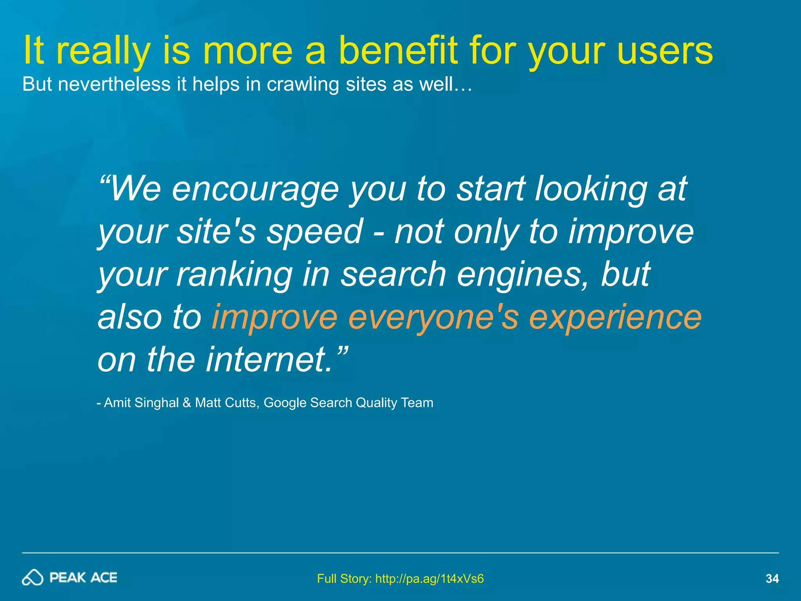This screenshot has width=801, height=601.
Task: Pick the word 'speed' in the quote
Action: click(x=314, y=232)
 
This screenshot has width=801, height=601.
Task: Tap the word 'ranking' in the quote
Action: click(x=234, y=275)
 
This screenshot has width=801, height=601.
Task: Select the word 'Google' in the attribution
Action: click(x=285, y=403)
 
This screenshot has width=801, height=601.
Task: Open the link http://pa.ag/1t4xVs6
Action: click(x=429, y=578)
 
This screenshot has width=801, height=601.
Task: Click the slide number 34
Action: click(x=772, y=578)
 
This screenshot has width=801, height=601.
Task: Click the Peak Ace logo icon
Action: click(x=32, y=578)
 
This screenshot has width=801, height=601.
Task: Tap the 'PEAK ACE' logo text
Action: click(x=83, y=578)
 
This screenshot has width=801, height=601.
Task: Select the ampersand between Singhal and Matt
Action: click(x=187, y=403)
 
